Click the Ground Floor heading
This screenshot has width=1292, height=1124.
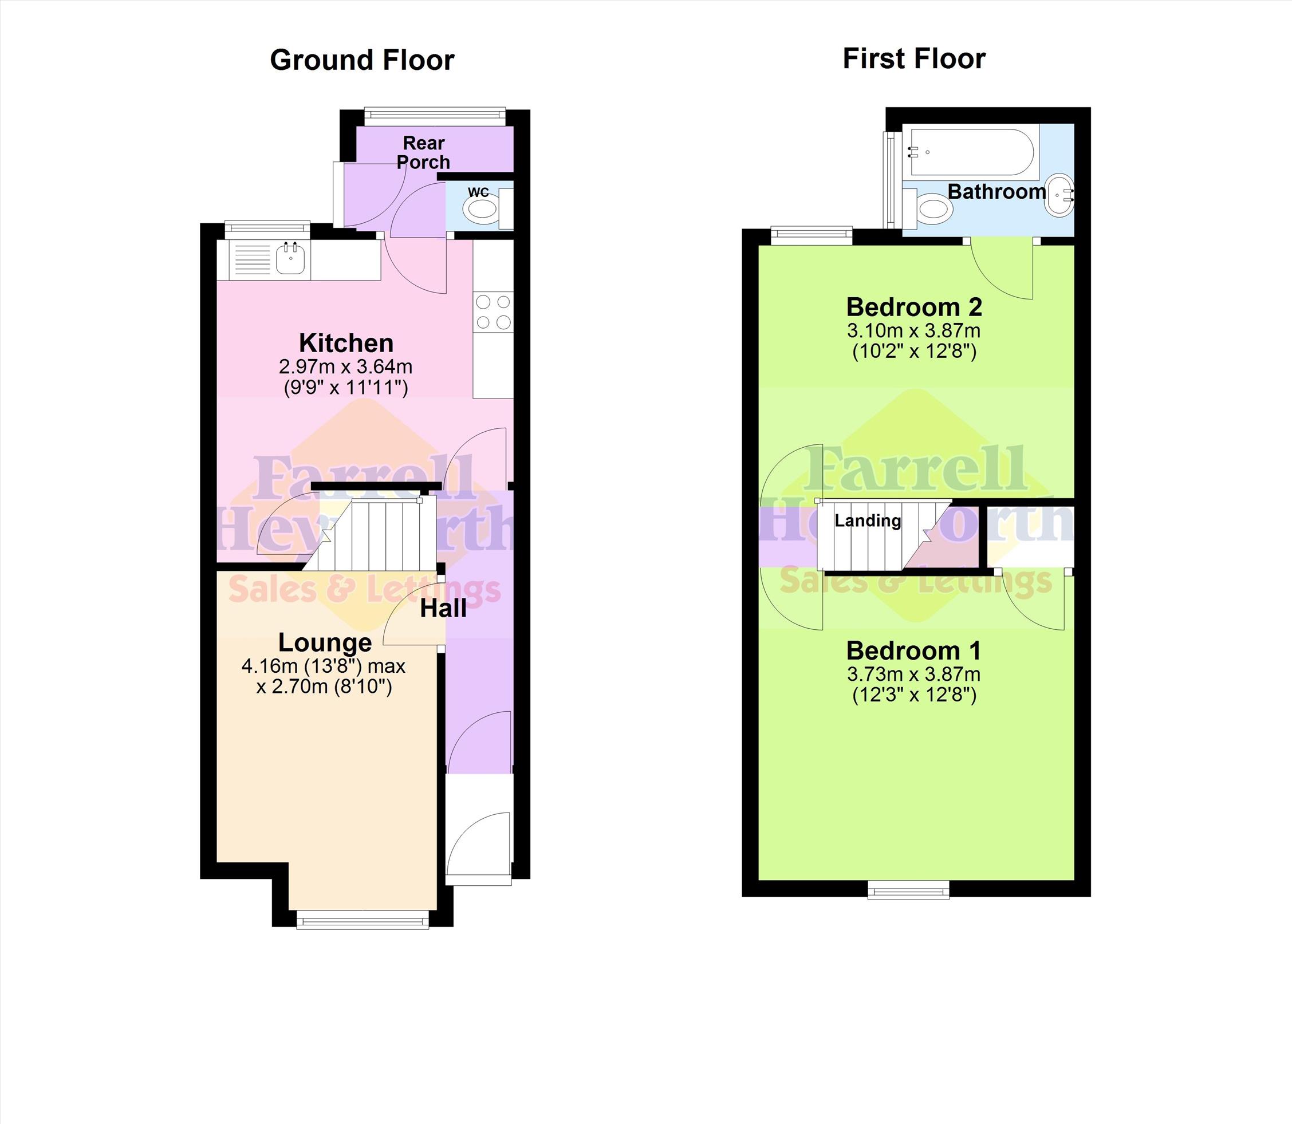click(x=362, y=60)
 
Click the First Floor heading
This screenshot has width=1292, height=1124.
click(x=914, y=58)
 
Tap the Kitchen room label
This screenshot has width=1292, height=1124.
click(x=346, y=343)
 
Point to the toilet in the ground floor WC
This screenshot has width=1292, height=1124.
click(x=487, y=208)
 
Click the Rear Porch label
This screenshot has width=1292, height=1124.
click(x=423, y=152)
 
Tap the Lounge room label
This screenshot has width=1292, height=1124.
click(x=325, y=642)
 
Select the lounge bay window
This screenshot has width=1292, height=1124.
click(x=363, y=921)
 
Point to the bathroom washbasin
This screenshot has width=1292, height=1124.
click(x=1059, y=195)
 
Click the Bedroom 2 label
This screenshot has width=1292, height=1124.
click(x=914, y=307)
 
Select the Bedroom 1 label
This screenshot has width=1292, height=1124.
click(x=913, y=650)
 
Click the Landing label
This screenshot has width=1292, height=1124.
click(x=868, y=520)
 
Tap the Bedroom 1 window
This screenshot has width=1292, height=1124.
click(x=908, y=889)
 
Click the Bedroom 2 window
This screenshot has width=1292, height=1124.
click(x=812, y=235)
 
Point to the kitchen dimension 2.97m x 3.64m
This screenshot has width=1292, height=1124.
click(x=345, y=367)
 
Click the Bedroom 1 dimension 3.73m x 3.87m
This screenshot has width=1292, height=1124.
click(x=914, y=675)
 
